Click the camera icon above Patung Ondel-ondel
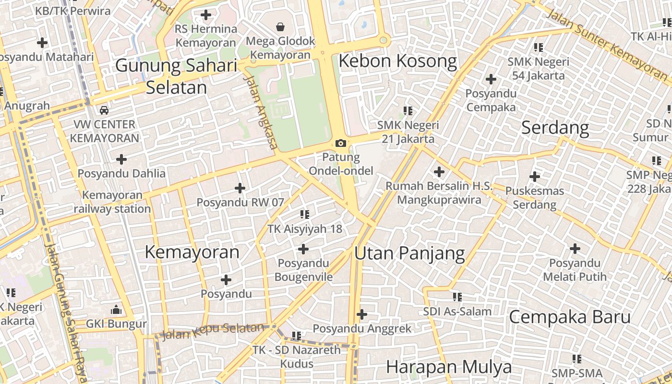(341, 143)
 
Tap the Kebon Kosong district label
(398, 61)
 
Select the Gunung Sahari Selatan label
(177, 76)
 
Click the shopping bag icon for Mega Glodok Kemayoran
(280, 27)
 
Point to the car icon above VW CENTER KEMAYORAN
(104, 110)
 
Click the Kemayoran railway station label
(112, 202)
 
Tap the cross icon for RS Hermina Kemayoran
(206, 15)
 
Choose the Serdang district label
(555, 128)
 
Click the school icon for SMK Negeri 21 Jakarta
(408, 111)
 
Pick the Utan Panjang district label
(409, 253)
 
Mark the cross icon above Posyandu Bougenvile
(303, 249)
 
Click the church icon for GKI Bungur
(116, 310)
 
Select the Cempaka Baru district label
(569, 317)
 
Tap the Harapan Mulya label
(449, 367)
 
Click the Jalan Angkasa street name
(262, 113)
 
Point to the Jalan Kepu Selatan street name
(213, 331)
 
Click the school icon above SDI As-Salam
(457, 298)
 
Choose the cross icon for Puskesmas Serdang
(535, 177)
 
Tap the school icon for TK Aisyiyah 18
(305, 215)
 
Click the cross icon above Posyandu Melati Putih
(575, 249)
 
